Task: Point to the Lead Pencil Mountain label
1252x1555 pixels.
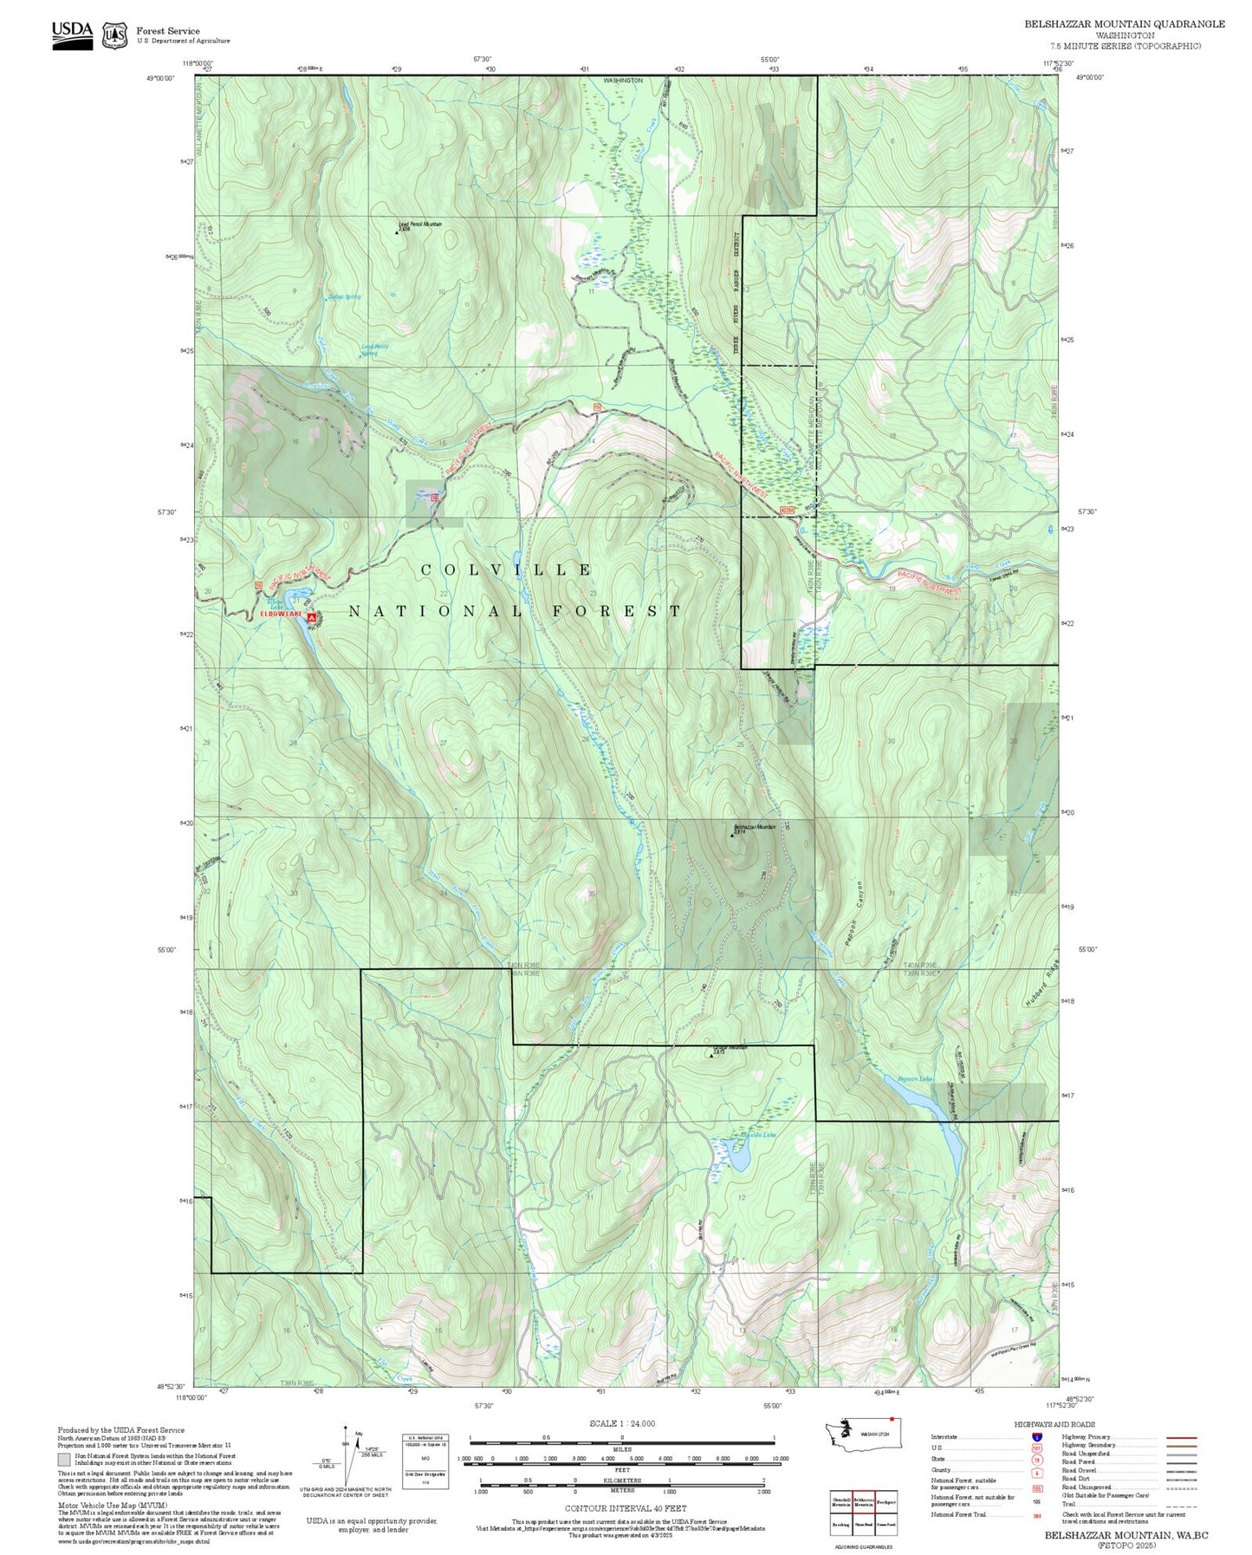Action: (x=420, y=224)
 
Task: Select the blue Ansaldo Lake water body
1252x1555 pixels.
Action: (x=738, y=1155)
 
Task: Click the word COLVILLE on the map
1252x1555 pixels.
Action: (x=507, y=570)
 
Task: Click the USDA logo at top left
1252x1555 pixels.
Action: (x=72, y=32)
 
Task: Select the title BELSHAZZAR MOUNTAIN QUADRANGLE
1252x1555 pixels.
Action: (x=1124, y=24)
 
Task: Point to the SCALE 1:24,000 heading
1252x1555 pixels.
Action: (x=621, y=1423)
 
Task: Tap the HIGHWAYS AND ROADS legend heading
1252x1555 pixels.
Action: (x=1054, y=1424)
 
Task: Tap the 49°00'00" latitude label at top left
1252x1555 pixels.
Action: (x=160, y=78)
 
